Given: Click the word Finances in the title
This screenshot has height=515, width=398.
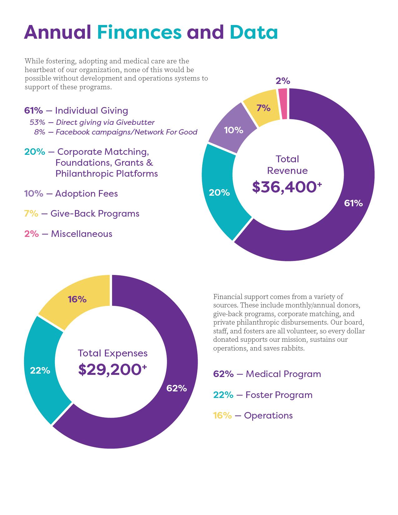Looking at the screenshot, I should [x=139, y=32].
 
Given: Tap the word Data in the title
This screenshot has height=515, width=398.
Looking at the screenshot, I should [x=253, y=32].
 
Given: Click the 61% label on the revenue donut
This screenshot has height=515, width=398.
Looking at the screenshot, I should [x=353, y=203].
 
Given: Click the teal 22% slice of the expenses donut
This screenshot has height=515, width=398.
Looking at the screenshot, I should [x=40, y=370].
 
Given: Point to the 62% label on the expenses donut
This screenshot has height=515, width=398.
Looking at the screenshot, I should [x=176, y=388].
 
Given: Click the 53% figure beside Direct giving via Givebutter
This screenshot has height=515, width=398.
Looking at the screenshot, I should [x=37, y=122].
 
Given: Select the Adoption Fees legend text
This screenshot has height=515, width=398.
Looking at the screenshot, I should [x=86, y=194].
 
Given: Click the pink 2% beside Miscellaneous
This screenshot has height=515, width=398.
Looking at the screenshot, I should [x=32, y=234].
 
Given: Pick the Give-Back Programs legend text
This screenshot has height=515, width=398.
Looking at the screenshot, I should [x=95, y=213].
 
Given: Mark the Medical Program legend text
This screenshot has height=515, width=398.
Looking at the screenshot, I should [x=283, y=374].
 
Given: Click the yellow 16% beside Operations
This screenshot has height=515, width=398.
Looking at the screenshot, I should [x=222, y=415].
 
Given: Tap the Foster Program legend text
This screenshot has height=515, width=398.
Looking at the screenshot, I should [x=279, y=395].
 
